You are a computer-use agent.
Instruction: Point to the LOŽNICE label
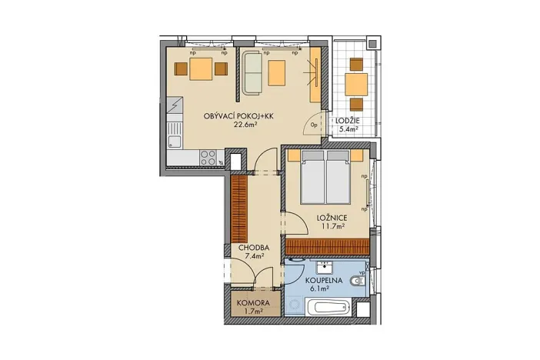pyautogui.click(x=332, y=218)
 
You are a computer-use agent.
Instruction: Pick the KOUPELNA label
pyautogui.click(x=322, y=282)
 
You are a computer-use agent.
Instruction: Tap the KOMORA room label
pyautogui.click(x=251, y=302)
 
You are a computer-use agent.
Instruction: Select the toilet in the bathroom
pyautogui.click(x=357, y=282)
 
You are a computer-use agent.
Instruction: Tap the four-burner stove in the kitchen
pyautogui.click(x=208, y=156)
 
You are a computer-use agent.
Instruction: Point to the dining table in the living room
pyautogui.click(x=201, y=70)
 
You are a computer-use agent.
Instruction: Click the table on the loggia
pyautogui.click(x=355, y=83)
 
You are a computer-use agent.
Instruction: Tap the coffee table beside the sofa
pyautogui.click(x=277, y=73)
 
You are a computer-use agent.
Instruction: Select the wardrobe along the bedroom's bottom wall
pyautogui.click(x=325, y=246)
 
